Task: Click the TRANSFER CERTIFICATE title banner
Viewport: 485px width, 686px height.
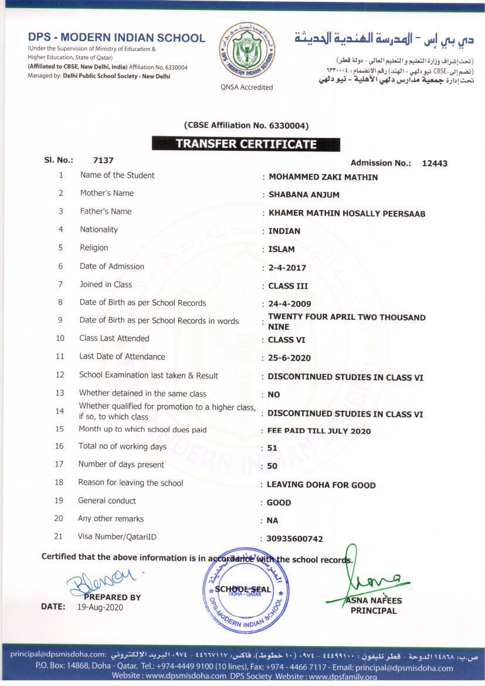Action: tap(246, 144)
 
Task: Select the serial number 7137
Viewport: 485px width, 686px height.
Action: tap(103, 160)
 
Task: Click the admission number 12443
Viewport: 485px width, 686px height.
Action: tap(435, 163)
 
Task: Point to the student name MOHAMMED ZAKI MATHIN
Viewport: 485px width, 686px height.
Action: tap(323, 177)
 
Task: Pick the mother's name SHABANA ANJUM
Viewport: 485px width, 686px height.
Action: tap(304, 195)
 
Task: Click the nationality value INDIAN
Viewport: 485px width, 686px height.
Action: tap(284, 231)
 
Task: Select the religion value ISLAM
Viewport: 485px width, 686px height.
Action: tap(281, 249)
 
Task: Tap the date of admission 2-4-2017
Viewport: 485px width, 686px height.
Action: tap(287, 268)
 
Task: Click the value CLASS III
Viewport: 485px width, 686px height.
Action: tap(288, 286)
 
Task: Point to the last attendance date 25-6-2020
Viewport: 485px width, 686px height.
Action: tap(289, 358)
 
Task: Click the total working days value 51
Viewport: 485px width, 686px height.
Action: tap(272, 448)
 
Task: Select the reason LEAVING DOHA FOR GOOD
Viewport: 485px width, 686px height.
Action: tap(321, 485)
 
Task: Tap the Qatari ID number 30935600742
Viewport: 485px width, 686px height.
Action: tap(294, 539)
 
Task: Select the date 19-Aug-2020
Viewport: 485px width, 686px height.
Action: tap(100, 607)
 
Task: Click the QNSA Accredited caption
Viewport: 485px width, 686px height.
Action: tap(247, 87)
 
